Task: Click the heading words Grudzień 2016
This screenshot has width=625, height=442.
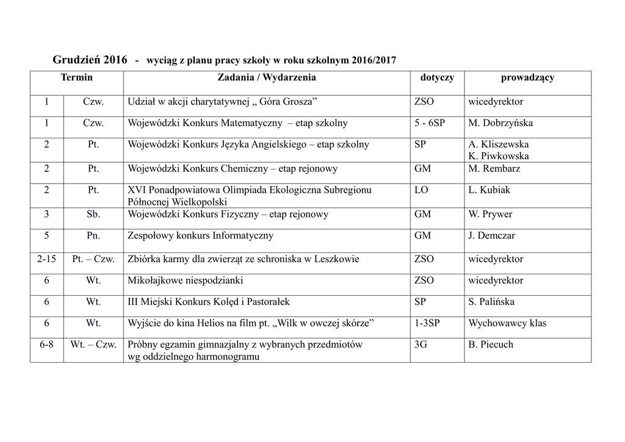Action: [90, 60]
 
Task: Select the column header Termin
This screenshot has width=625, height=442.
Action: [77, 77]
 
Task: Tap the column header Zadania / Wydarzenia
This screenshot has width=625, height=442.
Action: [267, 77]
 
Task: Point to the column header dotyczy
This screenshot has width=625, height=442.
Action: [437, 77]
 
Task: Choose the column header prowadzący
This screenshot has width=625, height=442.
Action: [527, 77]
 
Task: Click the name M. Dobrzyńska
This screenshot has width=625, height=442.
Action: [500, 123]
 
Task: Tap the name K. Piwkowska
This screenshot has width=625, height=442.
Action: [499, 156]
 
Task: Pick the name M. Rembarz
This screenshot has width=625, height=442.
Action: [494, 169]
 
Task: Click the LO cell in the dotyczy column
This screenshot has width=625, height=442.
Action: [421, 190]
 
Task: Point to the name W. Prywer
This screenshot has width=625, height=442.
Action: [490, 215]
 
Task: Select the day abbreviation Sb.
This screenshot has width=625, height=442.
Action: [93, 215]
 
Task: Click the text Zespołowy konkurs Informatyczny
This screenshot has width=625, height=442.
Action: [200, 235]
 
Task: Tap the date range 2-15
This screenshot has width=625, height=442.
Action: [46, 259]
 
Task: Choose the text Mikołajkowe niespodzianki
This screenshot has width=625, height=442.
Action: [185, 280]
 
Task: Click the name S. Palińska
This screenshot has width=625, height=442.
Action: [491, 302]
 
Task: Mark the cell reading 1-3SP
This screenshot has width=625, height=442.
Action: [428, 323]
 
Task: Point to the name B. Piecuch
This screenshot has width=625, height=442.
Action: [491, 344]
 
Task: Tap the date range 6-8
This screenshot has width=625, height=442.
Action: [46, 344]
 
